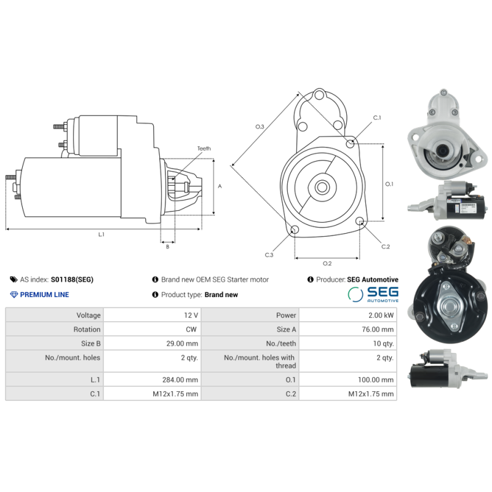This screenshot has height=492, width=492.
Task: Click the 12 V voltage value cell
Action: click(191, 315)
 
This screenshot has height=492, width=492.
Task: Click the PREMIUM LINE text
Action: click(44, 295)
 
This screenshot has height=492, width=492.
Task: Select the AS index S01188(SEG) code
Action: click(72, 279)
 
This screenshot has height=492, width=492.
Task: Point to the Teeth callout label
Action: click(204, 149)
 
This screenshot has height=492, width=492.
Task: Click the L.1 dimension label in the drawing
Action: click(101, 234)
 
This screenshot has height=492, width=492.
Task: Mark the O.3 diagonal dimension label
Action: click(260, 127)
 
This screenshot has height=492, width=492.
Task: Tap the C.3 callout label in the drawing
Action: click(269, 255)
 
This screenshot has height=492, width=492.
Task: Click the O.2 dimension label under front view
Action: click(327, 263)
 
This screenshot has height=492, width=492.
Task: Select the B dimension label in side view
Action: click(167, 247)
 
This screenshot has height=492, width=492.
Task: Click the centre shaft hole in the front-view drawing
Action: click(322, 186)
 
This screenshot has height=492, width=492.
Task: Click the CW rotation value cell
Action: click(191, 330)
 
